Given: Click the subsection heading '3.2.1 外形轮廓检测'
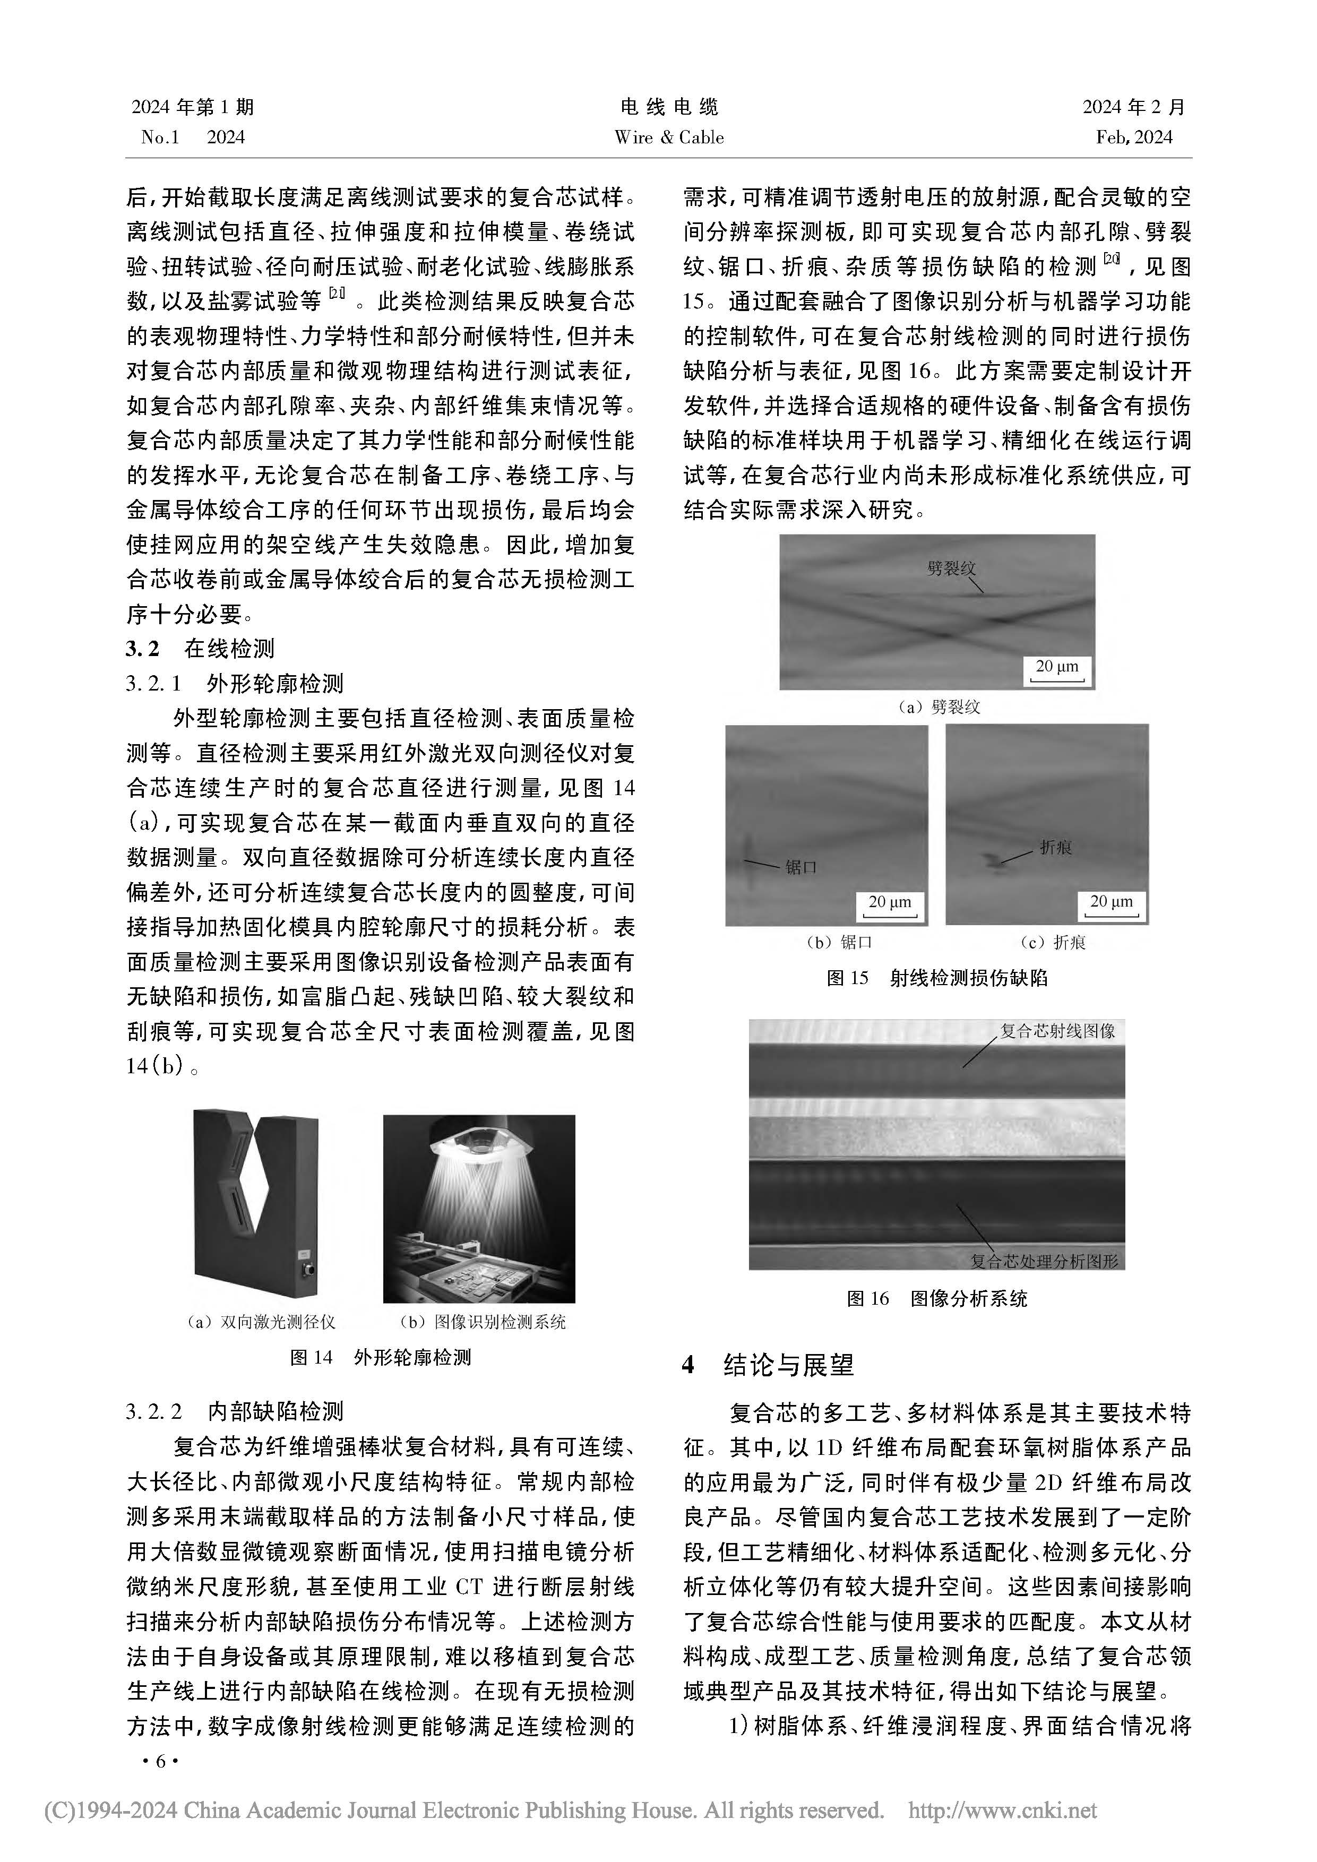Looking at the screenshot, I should click(235, 684).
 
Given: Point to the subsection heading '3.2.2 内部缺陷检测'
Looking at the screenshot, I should click(235, 1412).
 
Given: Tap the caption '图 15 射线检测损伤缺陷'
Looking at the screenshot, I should click(937, 978).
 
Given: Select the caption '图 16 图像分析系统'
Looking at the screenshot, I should click(937, 1298).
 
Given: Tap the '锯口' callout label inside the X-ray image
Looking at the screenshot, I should click(800, 868).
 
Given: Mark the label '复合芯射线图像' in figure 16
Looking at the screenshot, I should click(1057, 1031).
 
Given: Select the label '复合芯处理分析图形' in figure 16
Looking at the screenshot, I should click(1045, 1261).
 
